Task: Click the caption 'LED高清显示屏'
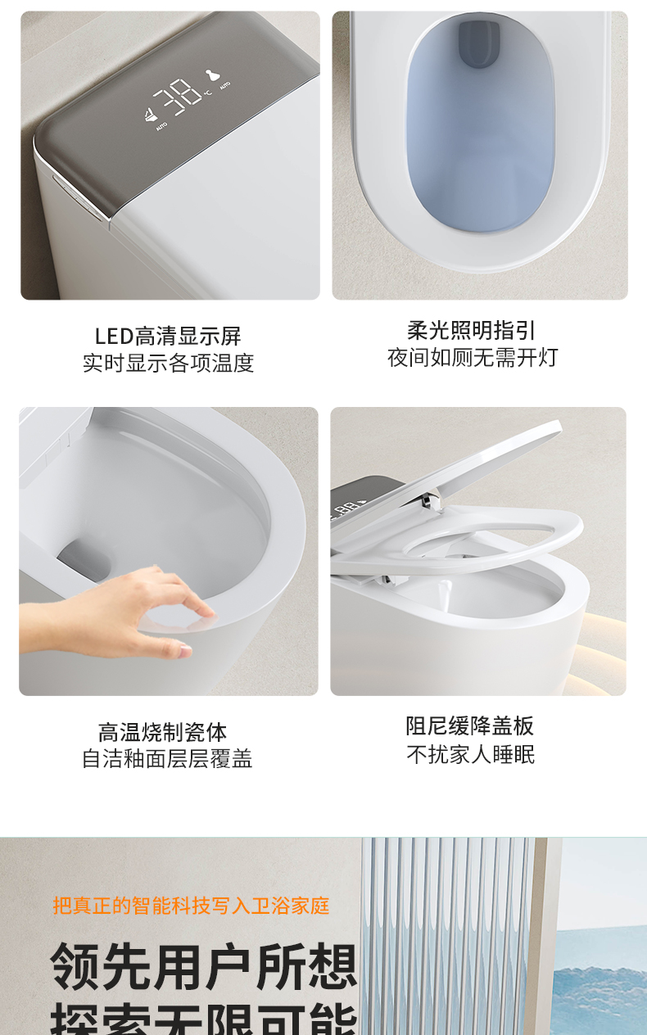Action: [168, 336]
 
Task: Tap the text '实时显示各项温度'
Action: [168, 363]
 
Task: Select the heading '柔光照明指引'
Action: [472, 330]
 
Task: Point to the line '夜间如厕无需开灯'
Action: [473, 357]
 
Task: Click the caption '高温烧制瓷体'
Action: [162, 731]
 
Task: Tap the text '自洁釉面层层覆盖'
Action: [167, 758]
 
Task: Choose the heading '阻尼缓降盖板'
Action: [470, 725]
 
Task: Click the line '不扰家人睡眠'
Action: [471, 754]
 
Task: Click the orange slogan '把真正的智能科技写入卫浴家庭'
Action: [191, 906]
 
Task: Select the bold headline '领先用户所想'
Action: [204, 967]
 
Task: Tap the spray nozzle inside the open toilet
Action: [444, 591]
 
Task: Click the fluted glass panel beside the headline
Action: [446, 933]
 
